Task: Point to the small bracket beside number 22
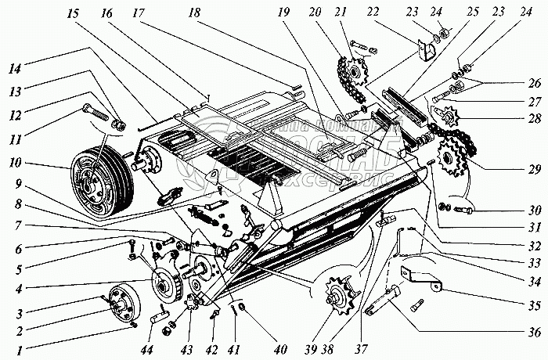426,53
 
